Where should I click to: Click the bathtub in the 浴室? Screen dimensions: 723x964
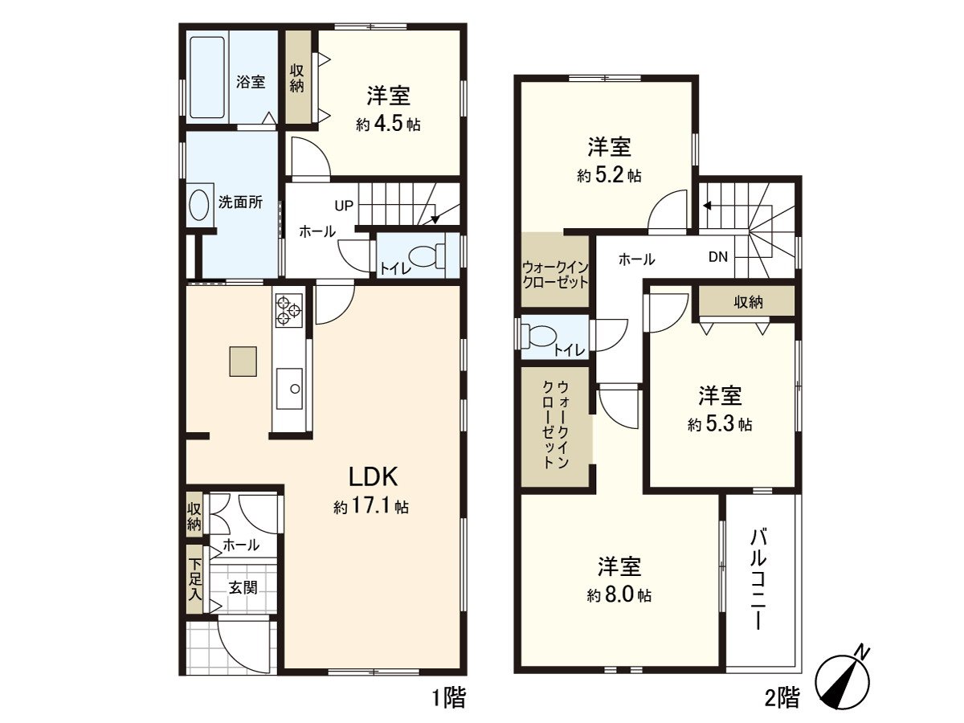click(x=207, y=76)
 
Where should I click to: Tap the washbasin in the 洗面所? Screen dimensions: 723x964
click(x=198, y=205)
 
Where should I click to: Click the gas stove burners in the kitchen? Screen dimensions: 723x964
click(x=289, y=310)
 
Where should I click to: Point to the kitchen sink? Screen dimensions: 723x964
click(x=289, y=389)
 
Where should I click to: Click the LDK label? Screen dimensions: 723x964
click(x=374, y=476)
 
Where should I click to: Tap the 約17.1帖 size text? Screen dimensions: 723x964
click(x=371, y=508)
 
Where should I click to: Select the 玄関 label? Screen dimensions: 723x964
click(x=243, y=587)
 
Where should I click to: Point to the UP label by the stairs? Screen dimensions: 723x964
click(x=344, y=206)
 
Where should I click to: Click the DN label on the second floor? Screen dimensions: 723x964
click(x=718, y=258)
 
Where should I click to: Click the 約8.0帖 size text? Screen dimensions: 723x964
click(x=619, y=596)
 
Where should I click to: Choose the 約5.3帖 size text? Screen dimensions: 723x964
click(x=720, y=426)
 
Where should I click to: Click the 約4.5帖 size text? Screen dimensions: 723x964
click(x=389, y=125)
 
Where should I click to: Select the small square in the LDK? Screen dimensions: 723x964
click(x=243, y=361)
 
